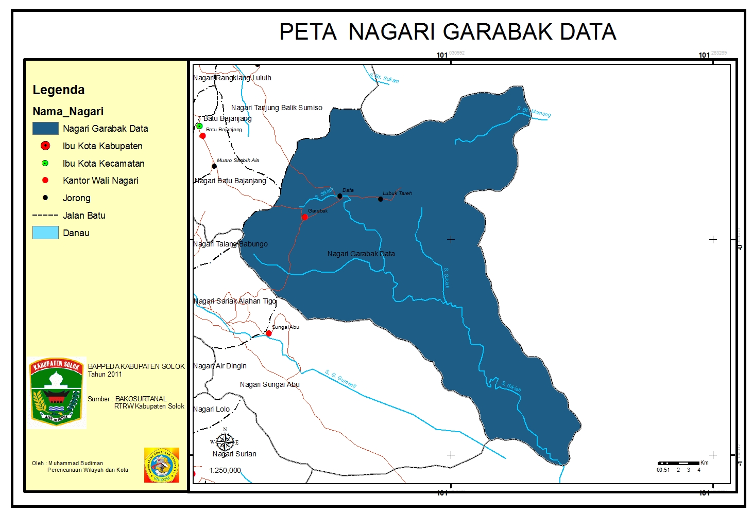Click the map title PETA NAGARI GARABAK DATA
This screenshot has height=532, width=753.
coord(447,32)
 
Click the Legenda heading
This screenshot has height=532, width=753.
coord(58,90)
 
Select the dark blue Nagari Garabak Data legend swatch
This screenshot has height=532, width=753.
coord(45,128)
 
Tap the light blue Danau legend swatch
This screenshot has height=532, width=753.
coord(45,233)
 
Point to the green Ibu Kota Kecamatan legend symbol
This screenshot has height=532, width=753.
coord(45,163)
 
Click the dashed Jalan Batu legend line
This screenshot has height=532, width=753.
coord(45,216)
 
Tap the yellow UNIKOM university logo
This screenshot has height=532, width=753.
coord(162,465)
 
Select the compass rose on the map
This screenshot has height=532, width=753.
coord(225,442)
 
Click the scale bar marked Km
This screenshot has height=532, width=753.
coord(679,464)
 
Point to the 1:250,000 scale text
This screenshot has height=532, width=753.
coord(225,470)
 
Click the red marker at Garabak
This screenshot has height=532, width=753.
coord(304,217)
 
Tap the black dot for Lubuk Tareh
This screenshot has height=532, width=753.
coord(380,199)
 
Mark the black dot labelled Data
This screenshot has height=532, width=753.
coord(339,196)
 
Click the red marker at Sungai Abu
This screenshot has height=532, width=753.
coord(268,333)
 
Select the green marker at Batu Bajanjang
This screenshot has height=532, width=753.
coord(199,126)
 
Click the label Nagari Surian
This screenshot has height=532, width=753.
coord(234,454)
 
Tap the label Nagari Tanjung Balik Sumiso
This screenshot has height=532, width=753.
coord(277,108)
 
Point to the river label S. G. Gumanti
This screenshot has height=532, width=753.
coord(340,379)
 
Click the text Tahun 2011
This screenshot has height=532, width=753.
coord(105,375)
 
